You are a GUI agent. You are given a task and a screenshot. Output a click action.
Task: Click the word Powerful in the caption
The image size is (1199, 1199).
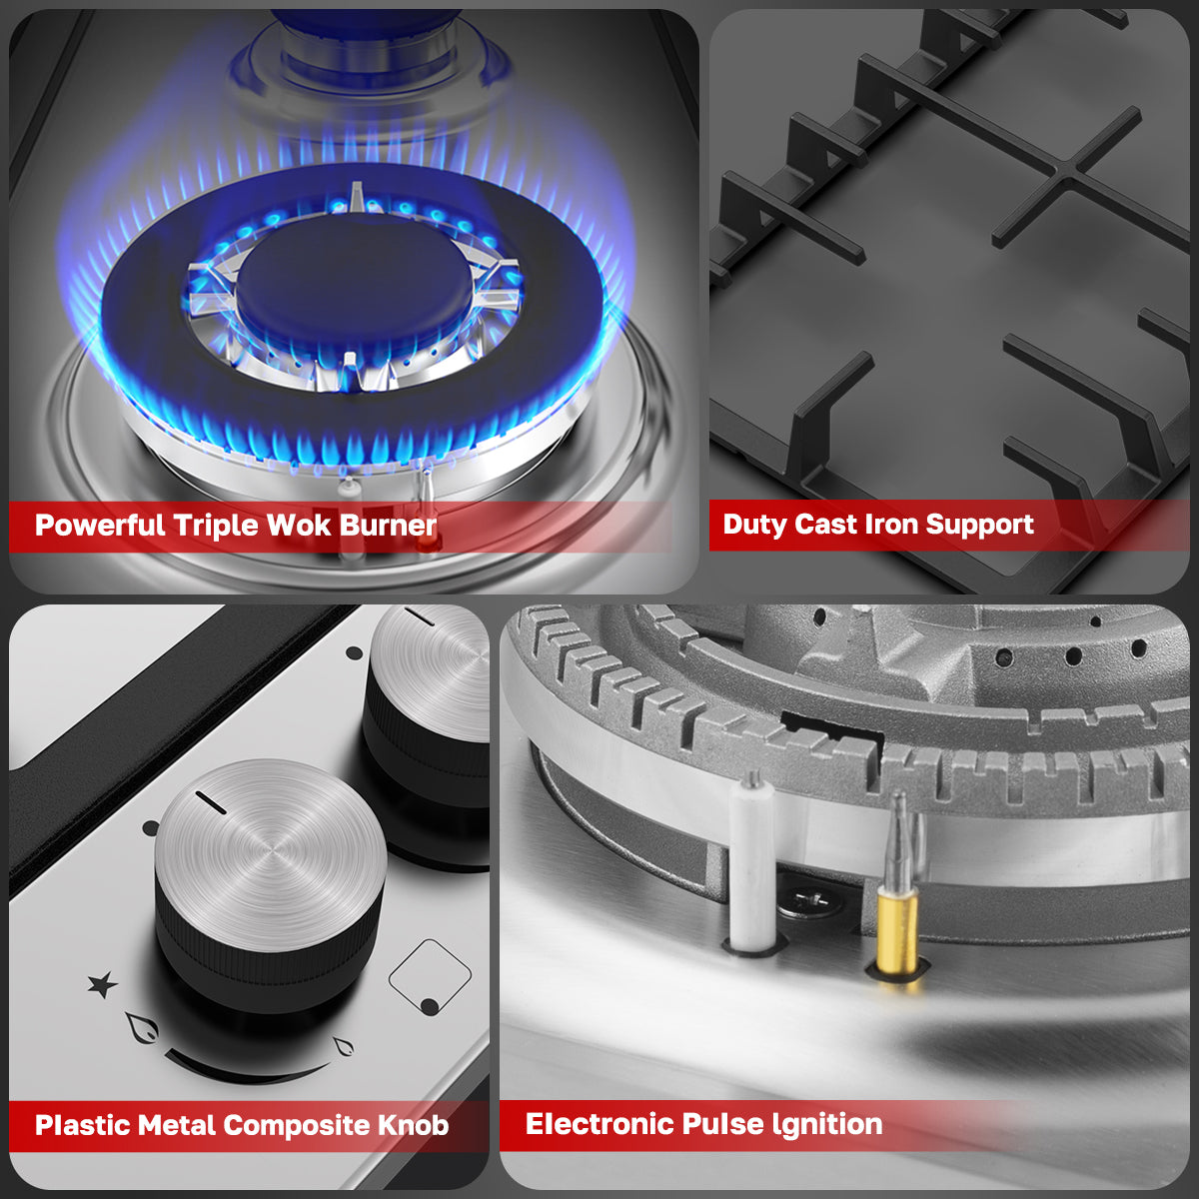pos(99,526)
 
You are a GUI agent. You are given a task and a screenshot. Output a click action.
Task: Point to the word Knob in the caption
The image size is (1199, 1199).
pos(413,1125)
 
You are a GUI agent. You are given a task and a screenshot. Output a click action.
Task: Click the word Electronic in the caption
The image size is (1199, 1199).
pos(599,1124)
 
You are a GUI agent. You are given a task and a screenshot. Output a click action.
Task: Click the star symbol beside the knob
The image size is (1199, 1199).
pos(102,986)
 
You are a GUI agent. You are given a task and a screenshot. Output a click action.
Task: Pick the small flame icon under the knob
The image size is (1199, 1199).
pos(343,1047)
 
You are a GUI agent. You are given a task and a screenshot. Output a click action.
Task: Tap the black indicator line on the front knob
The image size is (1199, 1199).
pos(212,802)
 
